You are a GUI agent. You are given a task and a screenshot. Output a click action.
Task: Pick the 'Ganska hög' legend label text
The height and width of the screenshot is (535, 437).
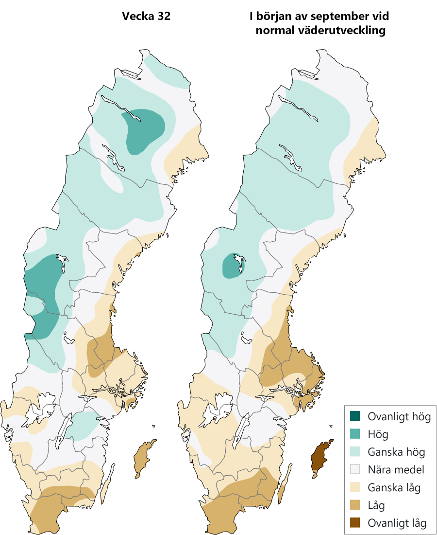pos(396,452)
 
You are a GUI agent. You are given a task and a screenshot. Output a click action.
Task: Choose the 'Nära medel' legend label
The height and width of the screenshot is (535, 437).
pos(396,470)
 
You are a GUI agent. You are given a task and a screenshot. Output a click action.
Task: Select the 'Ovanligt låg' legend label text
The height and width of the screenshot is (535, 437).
pos(397,523)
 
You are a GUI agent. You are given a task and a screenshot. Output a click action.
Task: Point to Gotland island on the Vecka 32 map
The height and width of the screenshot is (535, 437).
pos(143,457)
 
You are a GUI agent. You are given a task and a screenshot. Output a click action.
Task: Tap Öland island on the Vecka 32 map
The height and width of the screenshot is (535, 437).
pos(108,484)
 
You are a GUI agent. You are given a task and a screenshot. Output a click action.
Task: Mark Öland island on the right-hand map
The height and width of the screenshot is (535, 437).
pos(285,484)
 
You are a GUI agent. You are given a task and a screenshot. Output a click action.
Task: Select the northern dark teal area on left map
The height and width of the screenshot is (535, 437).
pos(143,129)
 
